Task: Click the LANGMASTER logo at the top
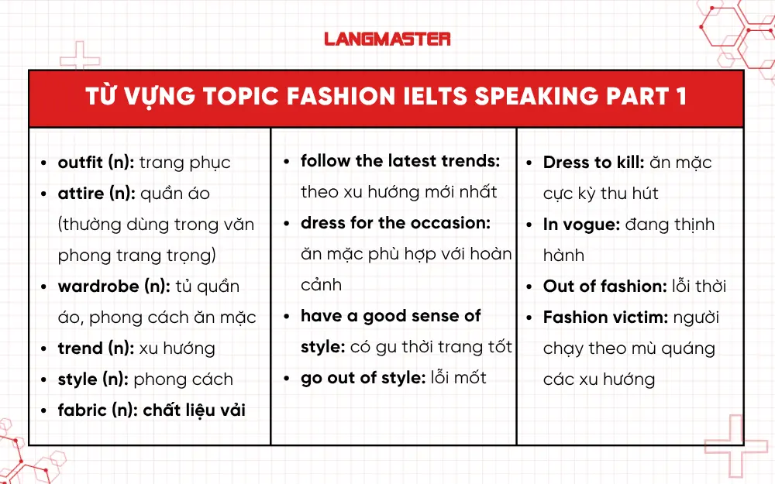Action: pyautogui.click(x=387, y=39)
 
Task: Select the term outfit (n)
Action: pyautogui.click(x=95, y=163)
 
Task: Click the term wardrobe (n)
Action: pyautogui.click(x=113, y=287)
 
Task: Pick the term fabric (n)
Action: pyautogui.click(x=98, y=410)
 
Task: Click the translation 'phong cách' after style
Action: pyautogui.click(x=183, y=379)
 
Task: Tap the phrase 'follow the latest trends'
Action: pyautogui.click(x=400, y=161)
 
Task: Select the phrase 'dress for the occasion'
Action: pyautogui.click(x=395, y=223)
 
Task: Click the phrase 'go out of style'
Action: pyautogui.click(x=363, y=378)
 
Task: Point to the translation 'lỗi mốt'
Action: pyautogui.click(x=459, y=378)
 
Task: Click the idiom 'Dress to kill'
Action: pyautogui.click(x=593, y=163)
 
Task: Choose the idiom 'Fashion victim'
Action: pyautogui.click(x=604, y=318)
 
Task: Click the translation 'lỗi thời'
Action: pyautogui.click(x=699, y=287)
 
